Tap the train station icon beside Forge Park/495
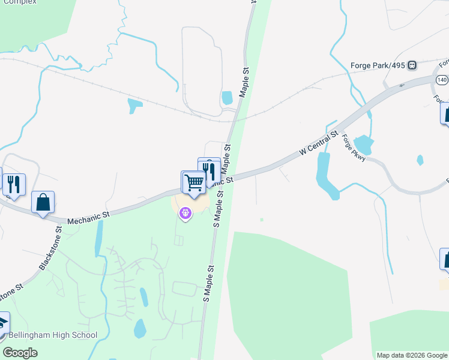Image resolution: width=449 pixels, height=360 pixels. tap(412, 65)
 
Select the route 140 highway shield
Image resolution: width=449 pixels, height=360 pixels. tap(442, 80)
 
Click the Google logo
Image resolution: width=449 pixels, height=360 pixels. tap(20, 353)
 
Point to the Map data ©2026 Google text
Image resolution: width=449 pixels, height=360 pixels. tap(411, 355)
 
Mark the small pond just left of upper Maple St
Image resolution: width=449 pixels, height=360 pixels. tap(227, 97)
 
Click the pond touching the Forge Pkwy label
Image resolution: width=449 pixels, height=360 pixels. tap(364, 145)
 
